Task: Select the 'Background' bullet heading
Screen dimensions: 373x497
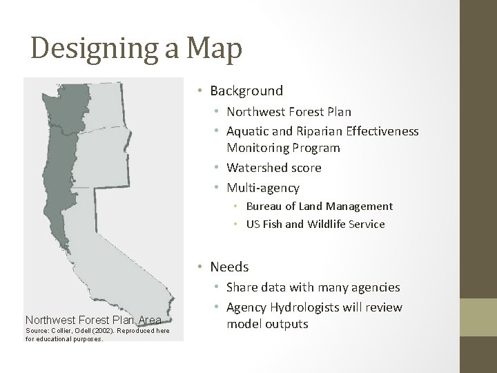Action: (246, 90)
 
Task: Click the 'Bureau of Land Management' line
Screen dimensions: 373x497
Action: (319, 206)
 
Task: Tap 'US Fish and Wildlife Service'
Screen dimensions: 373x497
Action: (315, 224)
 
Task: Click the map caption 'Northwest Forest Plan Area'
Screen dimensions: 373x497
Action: (93, 320)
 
